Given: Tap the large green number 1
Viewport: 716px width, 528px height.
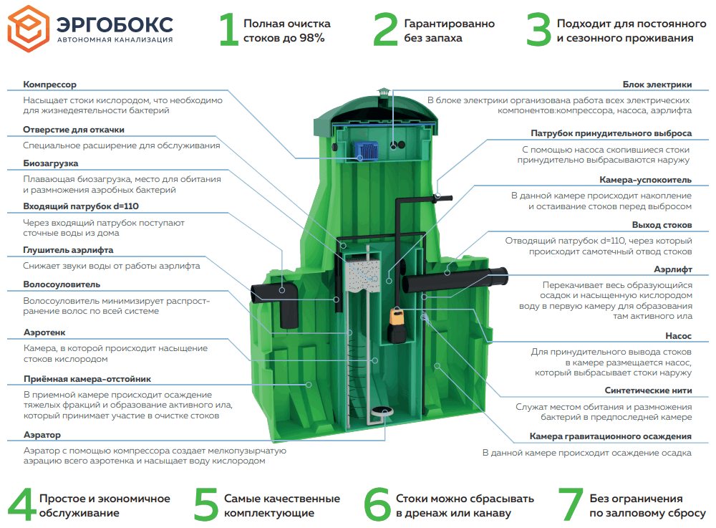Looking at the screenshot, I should tap(228, 29).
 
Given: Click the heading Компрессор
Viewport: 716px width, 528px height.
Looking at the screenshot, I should tap(49, 85).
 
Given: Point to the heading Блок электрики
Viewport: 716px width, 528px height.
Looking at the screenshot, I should tap(657, 85).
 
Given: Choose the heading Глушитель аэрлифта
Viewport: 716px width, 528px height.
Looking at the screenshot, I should tap(68, 249).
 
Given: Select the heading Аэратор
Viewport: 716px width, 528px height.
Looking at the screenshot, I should tap(42, 435).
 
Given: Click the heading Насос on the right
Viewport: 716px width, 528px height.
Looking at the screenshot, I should tap(678, 335).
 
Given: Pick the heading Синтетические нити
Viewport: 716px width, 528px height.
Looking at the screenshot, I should tap(648, 390).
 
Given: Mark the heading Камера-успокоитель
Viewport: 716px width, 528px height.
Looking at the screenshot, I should tap(645, 180).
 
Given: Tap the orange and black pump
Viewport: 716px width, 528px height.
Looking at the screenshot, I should tap(395, 325).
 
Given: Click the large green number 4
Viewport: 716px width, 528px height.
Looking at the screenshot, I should tap(22, 504).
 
